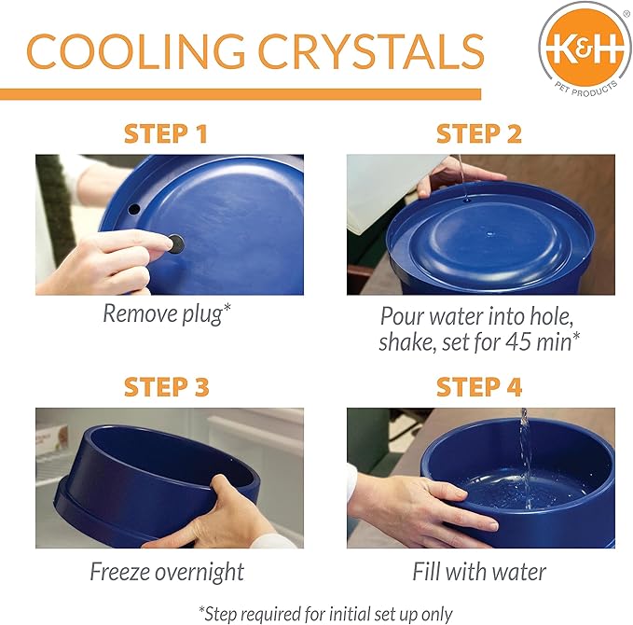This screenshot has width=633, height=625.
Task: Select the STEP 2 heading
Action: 478,133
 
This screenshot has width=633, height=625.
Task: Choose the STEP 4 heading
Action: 478,386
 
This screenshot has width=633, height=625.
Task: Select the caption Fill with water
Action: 479,571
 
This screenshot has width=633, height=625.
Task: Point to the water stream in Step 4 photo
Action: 524,448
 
